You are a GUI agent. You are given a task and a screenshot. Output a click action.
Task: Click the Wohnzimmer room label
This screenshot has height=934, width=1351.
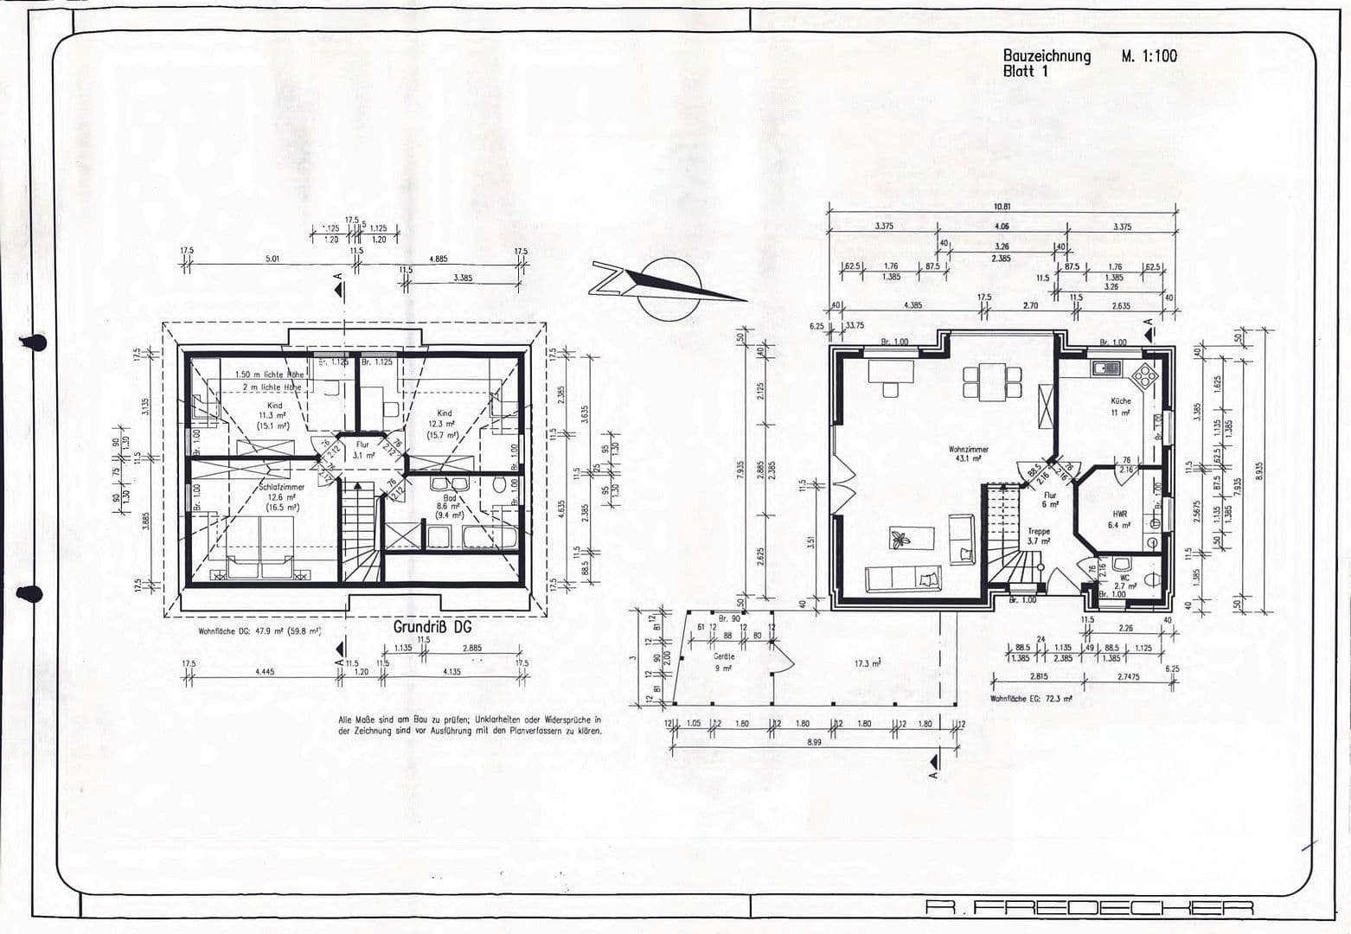(x=968, y=453)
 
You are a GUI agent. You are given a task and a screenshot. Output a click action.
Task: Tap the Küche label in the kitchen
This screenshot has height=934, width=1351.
(x=1120, y=406)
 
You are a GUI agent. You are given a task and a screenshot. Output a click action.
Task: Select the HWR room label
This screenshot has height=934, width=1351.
(x=1119, y=519)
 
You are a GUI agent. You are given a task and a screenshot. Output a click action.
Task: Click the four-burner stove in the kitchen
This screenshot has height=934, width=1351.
(x=1144, y=375)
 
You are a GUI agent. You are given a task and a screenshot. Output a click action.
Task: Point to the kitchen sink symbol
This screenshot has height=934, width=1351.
(x=1106, y=369)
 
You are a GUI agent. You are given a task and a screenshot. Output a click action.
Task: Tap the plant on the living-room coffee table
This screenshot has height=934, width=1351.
(x=902, y=540)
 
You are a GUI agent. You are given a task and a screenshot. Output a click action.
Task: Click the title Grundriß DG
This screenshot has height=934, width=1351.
(x=432, y=626)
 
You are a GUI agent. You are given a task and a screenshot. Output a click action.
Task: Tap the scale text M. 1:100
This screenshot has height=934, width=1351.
(x=1149, y=56)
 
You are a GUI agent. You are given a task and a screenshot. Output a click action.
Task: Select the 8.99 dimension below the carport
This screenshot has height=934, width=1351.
(x=815, y=741)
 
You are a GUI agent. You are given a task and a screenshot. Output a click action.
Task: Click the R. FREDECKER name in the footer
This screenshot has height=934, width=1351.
(x=1089, y=907)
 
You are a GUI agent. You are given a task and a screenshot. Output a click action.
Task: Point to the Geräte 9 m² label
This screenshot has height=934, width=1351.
(x=723, y=662)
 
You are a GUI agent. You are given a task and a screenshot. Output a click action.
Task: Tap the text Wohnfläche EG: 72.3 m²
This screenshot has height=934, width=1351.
(x=1031, y=698)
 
